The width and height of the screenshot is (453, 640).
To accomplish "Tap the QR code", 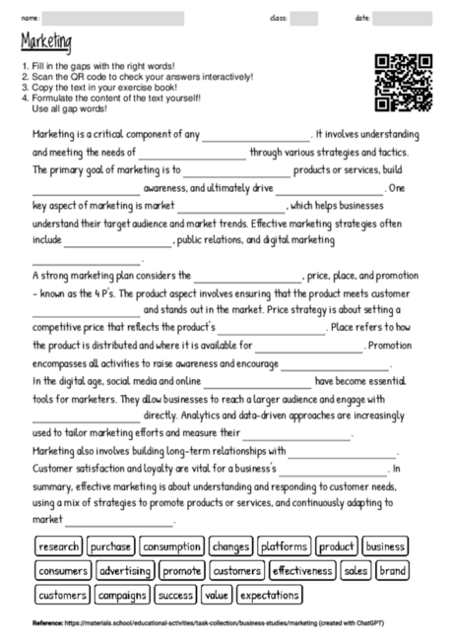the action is (404, 82).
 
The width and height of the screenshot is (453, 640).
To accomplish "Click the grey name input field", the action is (112, 18).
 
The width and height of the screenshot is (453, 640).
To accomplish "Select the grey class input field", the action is (303, 18).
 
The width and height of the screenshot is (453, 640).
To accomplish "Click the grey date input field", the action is (403, 18).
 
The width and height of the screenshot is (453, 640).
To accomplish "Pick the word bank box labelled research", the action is (58, 546).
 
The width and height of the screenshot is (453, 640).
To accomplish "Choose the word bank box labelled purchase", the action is (111, 546).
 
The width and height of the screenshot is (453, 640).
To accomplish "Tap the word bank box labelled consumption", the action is (171, 546).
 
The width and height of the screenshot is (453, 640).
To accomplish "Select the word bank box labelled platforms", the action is (286, 546).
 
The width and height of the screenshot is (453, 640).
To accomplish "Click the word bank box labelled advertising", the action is (125, 570).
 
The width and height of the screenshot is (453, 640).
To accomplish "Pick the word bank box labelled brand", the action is (392, 570).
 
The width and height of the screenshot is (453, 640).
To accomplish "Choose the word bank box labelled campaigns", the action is (122, 595).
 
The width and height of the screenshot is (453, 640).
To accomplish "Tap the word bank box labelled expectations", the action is (269, 595).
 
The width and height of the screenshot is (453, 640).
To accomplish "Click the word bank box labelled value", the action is (216, 595).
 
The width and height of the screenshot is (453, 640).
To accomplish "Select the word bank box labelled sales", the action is (356, 570).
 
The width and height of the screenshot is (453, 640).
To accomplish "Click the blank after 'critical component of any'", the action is (255, 136).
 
